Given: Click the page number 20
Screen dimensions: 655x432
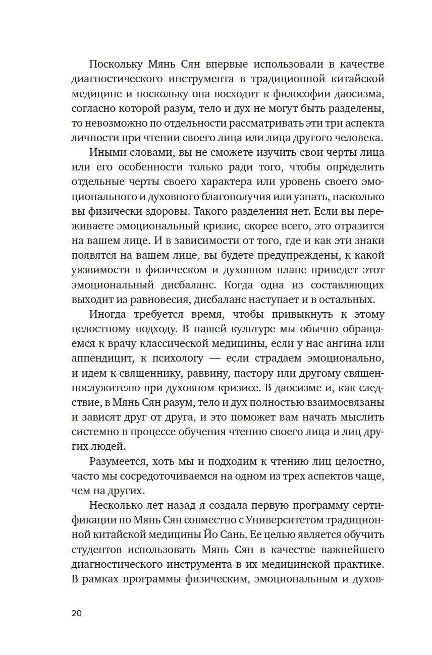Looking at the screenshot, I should tap(76, 613).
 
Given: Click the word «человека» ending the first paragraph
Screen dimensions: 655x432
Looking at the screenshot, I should tap(359, 138).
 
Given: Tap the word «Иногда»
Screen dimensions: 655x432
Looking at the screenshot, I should tap(110, 314).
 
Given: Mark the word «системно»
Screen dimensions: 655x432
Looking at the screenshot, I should tap(95, 431).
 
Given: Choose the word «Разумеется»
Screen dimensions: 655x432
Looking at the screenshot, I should tap(120, 460).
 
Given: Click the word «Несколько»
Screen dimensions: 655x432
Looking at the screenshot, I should tap(116, 504).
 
